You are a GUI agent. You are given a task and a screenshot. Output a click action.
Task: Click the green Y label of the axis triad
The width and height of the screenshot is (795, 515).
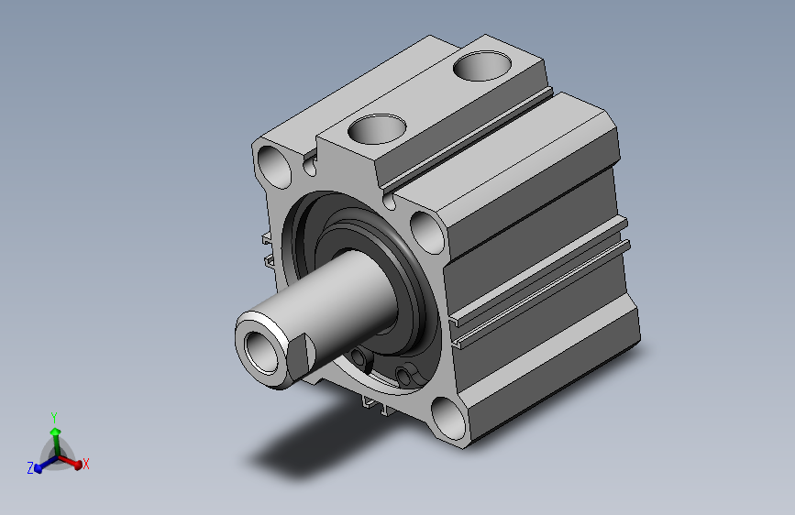click(54, 418)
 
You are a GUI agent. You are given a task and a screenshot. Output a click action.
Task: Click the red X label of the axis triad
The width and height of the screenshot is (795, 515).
click(85, 464)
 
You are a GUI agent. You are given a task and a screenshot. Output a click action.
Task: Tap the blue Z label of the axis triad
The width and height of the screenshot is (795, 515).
click(30, 468)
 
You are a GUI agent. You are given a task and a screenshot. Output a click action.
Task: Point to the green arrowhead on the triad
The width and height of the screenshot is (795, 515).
click(55, 432)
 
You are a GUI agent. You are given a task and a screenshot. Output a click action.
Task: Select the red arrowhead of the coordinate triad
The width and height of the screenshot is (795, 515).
click(78, 465)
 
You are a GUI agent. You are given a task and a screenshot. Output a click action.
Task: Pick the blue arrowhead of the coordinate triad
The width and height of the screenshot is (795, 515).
click(38, 468)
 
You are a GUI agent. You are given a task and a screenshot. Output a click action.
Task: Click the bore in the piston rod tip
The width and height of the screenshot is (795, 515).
click(261, 352)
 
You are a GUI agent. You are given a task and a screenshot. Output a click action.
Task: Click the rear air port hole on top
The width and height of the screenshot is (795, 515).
click(482, 66)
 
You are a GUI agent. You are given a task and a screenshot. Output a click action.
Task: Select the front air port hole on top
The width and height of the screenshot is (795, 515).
click(377, 129)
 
